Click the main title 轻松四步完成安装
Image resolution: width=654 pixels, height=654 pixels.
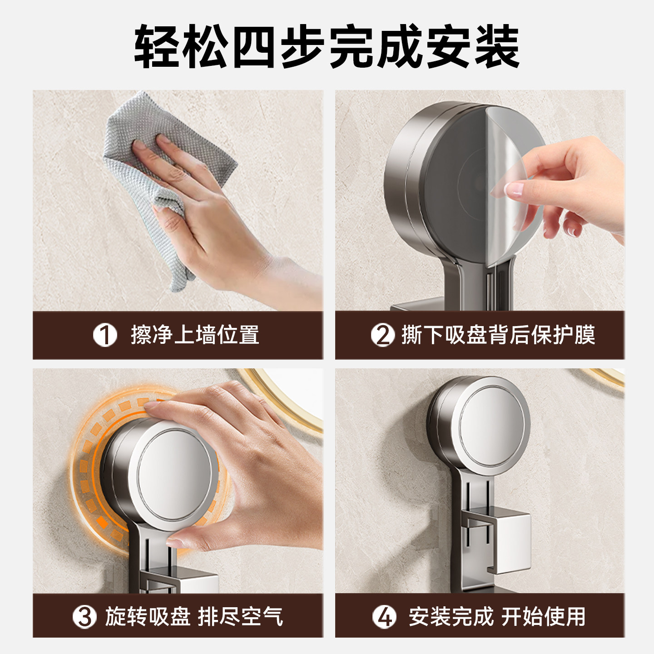tap(327, 47)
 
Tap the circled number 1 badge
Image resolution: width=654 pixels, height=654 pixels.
tap(105, 335)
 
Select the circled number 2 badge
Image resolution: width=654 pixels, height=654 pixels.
tap(382, 335)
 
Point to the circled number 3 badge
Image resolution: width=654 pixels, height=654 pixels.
tap(84, 617)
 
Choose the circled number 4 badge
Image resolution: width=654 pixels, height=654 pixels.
tap(384, 617)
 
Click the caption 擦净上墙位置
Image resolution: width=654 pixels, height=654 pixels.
tap(195, 335)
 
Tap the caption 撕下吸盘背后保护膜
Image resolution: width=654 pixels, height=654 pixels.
tap(498, 335)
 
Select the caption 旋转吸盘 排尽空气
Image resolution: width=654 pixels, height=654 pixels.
tap(194, 617)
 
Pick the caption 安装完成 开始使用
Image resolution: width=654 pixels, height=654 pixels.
tap(497, 617)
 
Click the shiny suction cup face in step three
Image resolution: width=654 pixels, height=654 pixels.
tap(175, 475)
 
